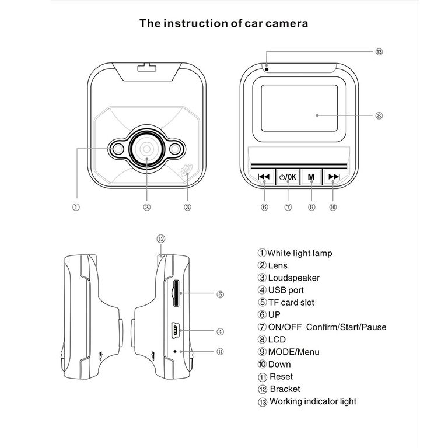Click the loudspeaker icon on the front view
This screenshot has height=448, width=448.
click(x=187, y=170)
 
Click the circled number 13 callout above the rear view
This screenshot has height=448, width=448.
click(x=379, y=52)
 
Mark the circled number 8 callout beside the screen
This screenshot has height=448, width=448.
click(x=379, y=116)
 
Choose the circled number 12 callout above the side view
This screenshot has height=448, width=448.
click(x=162, y=238)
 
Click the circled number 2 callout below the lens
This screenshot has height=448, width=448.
click(x=147, y=207)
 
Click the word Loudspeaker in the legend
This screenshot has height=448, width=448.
click(x=294, y=278)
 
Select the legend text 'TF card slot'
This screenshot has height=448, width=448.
click(x=291, y=302)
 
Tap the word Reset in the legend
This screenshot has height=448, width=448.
click(x=281, y=376)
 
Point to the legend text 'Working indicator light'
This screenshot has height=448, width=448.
click(x=313, y=401)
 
